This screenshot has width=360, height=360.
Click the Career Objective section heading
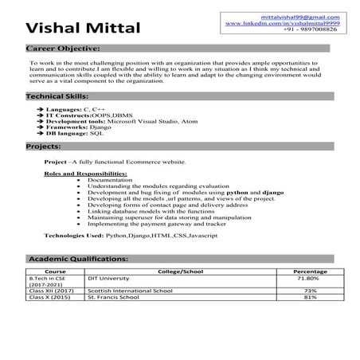pyautogui.click(x=63, y=49)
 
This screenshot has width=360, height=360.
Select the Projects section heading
pyautogui.click(x=45, y=147)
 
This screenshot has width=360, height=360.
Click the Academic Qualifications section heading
pyautogui.click(x=77, y=260)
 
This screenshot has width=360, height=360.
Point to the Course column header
pyautogui.click(x=45, y=272)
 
